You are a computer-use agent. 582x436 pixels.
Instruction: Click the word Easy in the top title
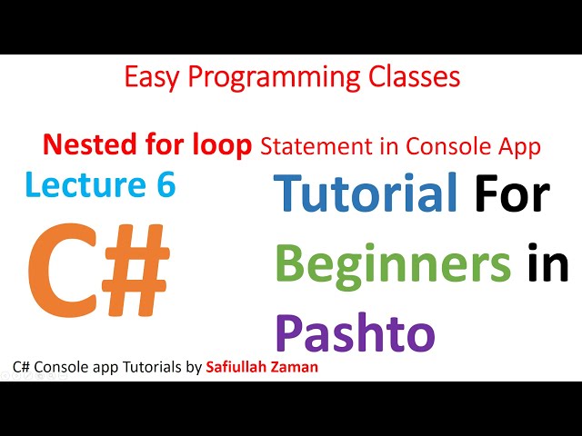coord(148,77)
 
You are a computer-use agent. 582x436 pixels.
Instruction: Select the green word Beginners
coord(393,264)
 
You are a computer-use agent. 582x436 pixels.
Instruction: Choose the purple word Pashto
coord(355,332)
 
